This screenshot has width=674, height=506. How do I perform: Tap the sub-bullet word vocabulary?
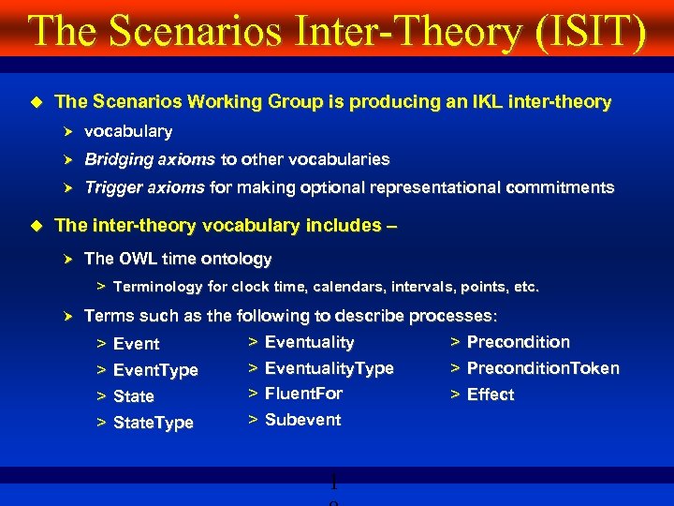click(128, 131)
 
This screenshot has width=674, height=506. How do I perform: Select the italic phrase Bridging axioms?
click(150, 159)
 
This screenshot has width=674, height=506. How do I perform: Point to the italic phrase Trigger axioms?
click(144, 187)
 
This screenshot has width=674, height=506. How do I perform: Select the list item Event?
click(136, 344)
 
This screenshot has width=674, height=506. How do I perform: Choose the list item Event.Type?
click(155, 370)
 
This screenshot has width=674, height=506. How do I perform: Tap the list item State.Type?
click(153, 423)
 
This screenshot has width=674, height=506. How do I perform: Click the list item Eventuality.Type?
click(329, 368)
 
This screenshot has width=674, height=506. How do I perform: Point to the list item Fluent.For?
click(303, 394)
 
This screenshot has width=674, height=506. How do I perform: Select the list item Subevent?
click(302, 420)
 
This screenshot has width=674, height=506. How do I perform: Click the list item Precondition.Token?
click(543, 368)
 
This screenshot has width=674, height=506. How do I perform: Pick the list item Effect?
click(491, 394)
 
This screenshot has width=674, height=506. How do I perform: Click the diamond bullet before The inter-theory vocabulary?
click(37, 225)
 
